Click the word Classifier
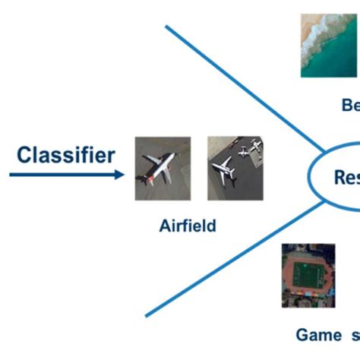coord(66,155)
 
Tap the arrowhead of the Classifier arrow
coord(119,175)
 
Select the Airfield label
coord(188,226)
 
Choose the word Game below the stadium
coord(319,334)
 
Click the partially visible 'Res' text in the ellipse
coord(346,177)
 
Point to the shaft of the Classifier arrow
coord(61,175)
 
